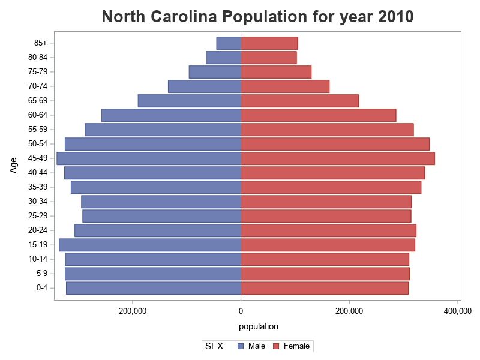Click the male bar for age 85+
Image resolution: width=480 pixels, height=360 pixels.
[229, 43]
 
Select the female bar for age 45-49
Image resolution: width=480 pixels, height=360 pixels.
[337, 158]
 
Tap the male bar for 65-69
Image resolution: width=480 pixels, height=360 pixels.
[189, 101]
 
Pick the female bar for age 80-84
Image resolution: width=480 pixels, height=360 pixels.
[268, 58]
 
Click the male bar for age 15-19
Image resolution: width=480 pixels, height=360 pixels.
[150, 245]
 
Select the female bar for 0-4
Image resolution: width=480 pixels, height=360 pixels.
[324, 288]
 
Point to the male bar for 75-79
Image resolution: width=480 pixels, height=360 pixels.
[215, 72]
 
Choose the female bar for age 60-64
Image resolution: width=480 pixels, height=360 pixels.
[318, 115]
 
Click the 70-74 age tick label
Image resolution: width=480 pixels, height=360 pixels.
[37, 86]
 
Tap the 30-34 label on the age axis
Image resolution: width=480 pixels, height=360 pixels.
[37, 202]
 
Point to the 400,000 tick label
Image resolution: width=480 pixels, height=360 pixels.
[457, 311]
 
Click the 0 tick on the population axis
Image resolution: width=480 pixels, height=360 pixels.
[241, 311]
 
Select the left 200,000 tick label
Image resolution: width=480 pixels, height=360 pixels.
[133, 311]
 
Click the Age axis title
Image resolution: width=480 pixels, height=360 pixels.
[13, 164]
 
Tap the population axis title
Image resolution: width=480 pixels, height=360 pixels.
[259, 326]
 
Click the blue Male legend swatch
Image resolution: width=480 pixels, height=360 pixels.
[241, 346]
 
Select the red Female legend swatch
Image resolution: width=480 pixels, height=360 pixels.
[277, 346]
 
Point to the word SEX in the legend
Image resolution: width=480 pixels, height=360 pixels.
[214, 346]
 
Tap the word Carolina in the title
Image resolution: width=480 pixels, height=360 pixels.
[197, 17]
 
